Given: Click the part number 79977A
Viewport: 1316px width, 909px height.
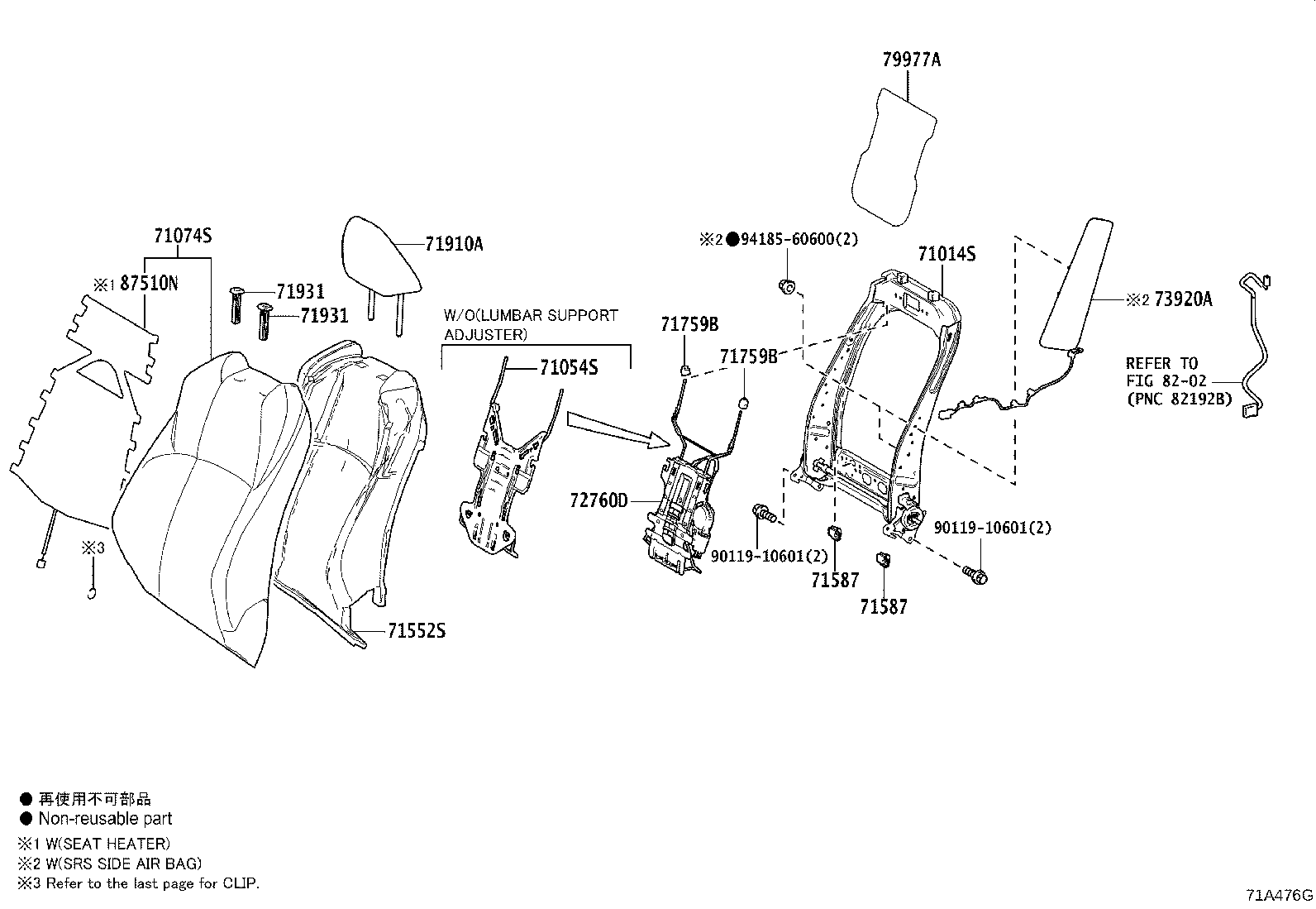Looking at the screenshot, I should pos(911,60).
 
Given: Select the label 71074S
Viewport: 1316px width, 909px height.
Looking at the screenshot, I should pos(183,237).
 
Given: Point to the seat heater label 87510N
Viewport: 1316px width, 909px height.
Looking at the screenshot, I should pos(149,284).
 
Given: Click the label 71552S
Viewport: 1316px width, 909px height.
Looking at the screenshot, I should pos(417,631).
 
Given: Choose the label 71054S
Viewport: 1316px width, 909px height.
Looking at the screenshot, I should pos(569,368).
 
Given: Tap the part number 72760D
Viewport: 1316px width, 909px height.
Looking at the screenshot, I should pos(598,500).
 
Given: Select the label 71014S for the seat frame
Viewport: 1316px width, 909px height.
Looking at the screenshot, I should pos(946,254).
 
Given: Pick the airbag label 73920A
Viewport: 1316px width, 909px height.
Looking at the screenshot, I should pos(1183,300).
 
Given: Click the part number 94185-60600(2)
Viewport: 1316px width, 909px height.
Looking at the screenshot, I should pos(799,240).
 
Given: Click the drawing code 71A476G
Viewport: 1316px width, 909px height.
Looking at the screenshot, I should pos(1279,895).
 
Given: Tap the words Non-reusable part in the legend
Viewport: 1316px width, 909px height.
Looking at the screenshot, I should pos(105,819).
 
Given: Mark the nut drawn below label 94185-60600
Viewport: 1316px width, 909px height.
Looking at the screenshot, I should pos(787,287).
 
